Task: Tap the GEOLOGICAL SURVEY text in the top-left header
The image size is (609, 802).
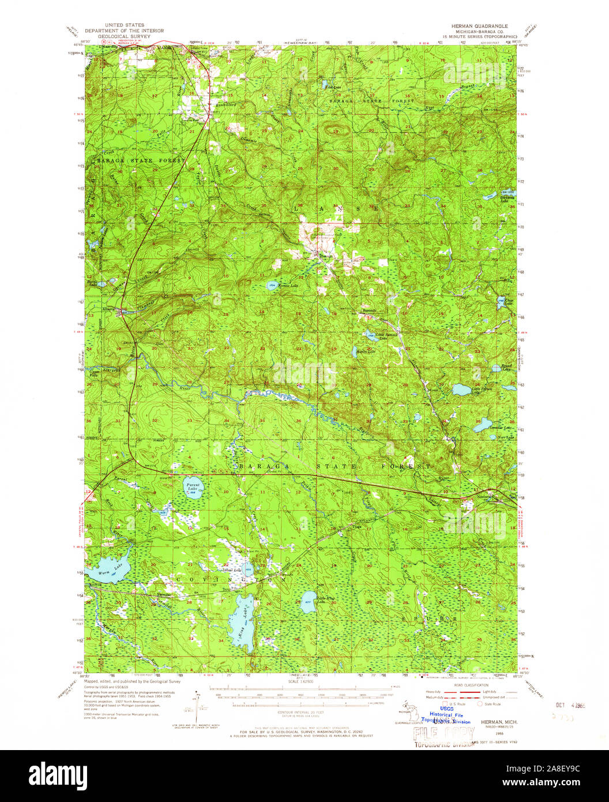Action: click(x=124, y=35)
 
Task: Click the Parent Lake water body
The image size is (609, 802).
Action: click(x=193, y=488)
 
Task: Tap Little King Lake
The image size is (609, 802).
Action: click(x=307, y=602)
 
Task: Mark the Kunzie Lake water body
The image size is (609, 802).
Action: click(x=272, y=285)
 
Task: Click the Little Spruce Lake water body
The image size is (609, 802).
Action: click(x=461, y=390)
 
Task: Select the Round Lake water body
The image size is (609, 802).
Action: click(x=496, y=368)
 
